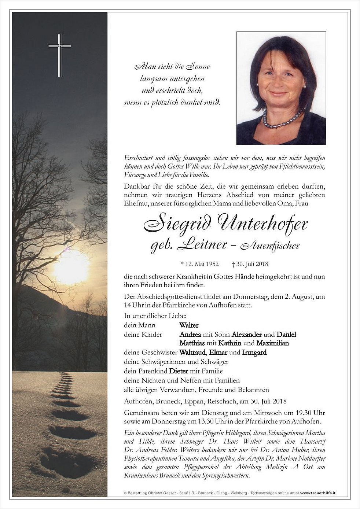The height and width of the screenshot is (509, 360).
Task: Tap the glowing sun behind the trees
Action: coord(70,266)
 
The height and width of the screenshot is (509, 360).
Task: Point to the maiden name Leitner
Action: coord(202,245)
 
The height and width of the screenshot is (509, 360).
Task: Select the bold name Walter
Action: coord(189,325)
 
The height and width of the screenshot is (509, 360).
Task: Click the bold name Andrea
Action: coord(190,334)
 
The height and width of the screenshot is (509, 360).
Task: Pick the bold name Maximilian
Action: coord(272,343)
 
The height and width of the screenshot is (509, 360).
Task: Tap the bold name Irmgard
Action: coord(254,353)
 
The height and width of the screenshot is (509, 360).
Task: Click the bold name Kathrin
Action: coord(229,343)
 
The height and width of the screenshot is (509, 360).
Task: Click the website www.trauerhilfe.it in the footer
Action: coord(318,494)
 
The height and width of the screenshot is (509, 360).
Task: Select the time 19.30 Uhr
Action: coord(310,412)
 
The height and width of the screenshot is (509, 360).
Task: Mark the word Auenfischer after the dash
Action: coord(270,246)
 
